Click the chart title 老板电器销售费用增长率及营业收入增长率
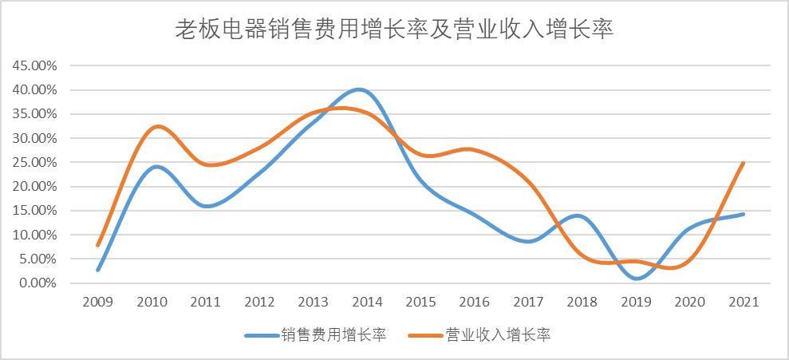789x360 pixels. [393, 30]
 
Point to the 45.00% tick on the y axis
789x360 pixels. [34, 65]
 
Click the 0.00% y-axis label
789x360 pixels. [37, 283]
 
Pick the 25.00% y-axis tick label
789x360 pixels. [34, 162]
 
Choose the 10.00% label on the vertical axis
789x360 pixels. [34, 235]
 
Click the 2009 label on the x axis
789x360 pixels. [98, 303]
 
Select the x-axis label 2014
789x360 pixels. [367, 303]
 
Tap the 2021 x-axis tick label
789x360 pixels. [744, 303]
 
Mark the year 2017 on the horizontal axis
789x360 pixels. [528, 303]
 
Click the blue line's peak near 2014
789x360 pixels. [360, 89]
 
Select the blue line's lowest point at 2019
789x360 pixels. [636, 279]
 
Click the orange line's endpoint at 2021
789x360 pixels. [744, 163]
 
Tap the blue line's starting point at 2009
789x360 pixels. [98, 270]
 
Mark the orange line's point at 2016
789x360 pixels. [475, 150]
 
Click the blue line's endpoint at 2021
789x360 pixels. [744, 214]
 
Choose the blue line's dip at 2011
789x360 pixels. [207, 206]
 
